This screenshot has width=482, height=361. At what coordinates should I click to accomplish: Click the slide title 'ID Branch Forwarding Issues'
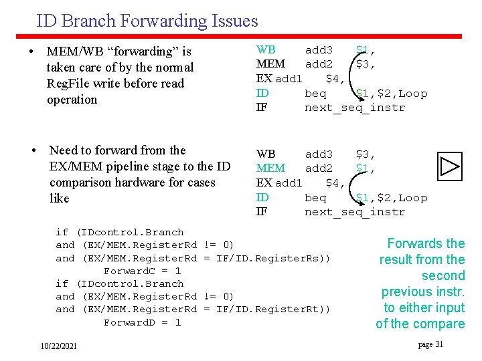(147, 21)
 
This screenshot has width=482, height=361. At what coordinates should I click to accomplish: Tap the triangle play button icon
(450, 166)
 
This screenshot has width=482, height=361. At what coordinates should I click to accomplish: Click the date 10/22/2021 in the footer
(58, 346)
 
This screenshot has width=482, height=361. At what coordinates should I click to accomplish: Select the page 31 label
(430, 344)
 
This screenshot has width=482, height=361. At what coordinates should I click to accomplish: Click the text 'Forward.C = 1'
(142, 271)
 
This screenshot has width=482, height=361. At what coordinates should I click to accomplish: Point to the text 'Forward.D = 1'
(142, 322)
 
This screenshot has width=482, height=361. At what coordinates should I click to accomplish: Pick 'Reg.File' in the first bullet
(72, 84)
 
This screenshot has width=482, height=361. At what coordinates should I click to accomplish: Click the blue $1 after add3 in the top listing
(365, 49)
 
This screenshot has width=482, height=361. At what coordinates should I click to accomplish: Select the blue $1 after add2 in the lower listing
(365, 168)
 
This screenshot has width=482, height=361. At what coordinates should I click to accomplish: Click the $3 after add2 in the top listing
(365, 64)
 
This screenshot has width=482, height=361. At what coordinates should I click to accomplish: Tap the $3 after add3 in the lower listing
(365, 154)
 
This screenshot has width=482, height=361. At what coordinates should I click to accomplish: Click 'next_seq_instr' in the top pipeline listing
(355, 108)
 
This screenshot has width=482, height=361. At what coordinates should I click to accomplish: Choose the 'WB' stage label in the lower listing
(266, 154)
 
